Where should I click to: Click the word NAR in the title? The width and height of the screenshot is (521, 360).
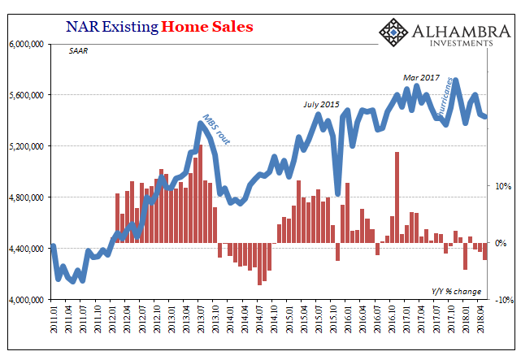[82, 27]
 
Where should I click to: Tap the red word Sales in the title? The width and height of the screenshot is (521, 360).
[232, 27]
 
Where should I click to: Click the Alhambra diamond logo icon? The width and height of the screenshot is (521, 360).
[393, 33]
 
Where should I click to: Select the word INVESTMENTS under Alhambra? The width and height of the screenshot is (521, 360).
[462, 43]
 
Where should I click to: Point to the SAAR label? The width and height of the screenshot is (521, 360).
[78, 51]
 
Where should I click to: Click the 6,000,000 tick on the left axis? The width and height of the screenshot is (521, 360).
[26, 44]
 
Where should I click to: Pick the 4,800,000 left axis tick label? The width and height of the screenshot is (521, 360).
[26, 197]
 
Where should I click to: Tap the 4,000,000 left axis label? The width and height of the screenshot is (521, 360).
[26, 300]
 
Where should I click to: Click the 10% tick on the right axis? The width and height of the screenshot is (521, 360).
[503, 186]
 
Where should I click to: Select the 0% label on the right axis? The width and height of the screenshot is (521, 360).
[501, 243]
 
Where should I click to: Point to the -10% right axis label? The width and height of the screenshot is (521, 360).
[505, 300]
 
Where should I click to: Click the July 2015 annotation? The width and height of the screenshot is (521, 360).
[321, 105]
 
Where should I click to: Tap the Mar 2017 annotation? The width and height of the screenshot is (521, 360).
[421, 78]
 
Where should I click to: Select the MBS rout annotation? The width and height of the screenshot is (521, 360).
[216, 129]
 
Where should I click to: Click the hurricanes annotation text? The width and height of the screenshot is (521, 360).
[445, 97]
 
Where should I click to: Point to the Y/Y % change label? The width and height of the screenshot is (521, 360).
[456, 291]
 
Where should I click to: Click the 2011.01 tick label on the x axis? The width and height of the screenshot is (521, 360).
[54, 319]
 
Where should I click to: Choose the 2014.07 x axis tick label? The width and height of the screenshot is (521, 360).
[260, 319]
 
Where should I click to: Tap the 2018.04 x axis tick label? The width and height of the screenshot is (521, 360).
[480, 319]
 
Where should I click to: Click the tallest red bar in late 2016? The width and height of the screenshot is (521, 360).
[397, 197]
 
